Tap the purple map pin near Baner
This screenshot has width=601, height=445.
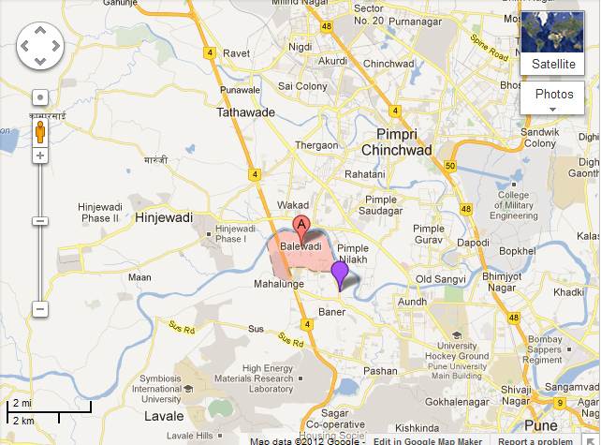point(340,273)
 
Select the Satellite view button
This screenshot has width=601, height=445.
point(553,42)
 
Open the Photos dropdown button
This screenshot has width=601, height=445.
point(553,98)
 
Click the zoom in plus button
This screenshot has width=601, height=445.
point(39,155)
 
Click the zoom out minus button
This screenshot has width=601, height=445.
point(39,308)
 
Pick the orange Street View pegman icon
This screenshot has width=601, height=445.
point(39,131)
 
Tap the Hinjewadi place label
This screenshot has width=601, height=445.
point(164,217)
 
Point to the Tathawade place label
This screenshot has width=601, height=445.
point(246,112)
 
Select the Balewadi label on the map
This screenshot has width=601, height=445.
point(301,246)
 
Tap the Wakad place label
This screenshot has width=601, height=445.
point(292,204)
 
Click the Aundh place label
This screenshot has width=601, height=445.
point(413,302)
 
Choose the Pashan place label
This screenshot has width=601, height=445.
point(381,371)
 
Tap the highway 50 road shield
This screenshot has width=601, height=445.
point(450,167)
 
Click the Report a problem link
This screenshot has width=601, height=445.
point(535,440)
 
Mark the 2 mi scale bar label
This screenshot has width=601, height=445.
point(21,403)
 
